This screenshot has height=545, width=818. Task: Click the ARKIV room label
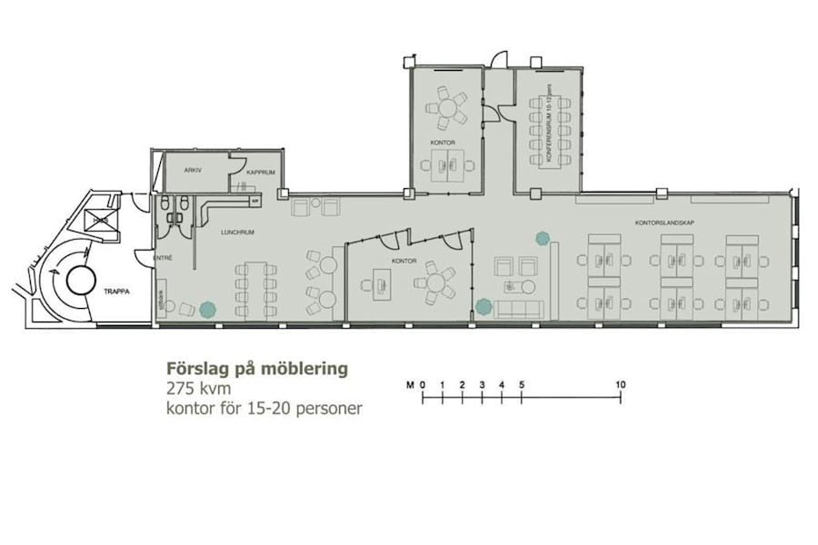[192, 170]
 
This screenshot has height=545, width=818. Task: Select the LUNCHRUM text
[237, 233]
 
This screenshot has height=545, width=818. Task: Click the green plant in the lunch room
[207, 309]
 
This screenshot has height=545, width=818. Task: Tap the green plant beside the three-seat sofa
[483, 307]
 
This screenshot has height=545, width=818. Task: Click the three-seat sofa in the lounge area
[516, 310]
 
